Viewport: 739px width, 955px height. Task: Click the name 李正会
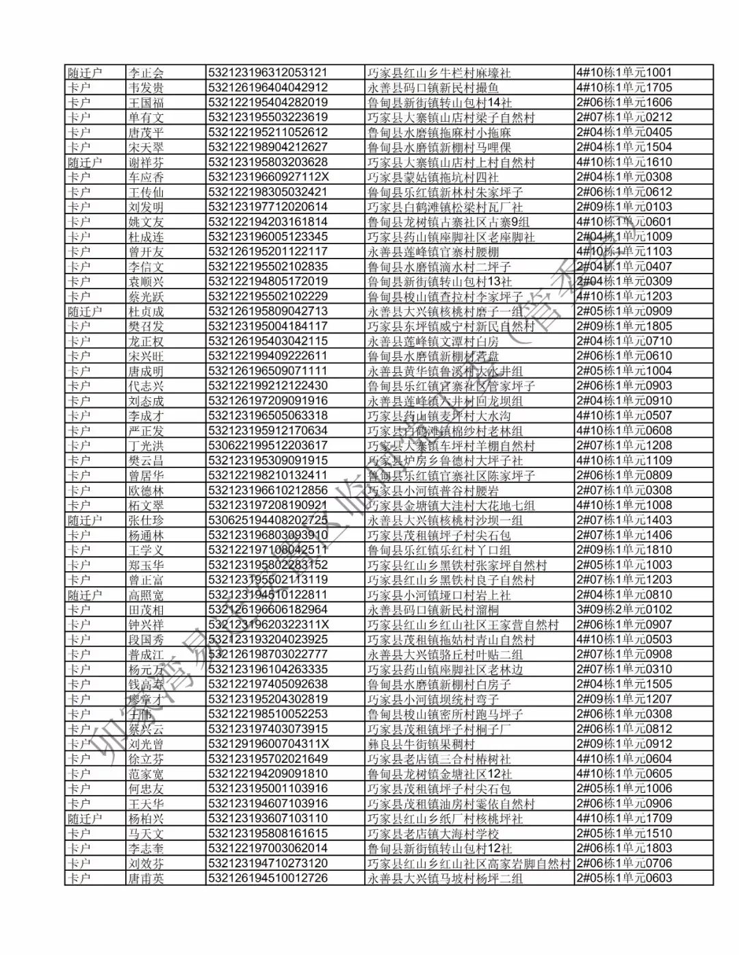pos(146,73)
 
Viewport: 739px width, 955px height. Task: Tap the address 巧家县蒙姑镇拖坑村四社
pos(433,177)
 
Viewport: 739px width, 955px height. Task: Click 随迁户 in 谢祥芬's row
pos(85,162)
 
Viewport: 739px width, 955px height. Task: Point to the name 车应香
pos(146,177)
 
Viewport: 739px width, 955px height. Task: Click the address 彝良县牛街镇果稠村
pos(421,744)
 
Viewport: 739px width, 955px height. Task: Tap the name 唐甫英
pos(146,878)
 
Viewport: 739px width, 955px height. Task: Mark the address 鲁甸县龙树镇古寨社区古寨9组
pos(448,222)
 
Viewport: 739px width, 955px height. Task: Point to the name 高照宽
pos(146,595)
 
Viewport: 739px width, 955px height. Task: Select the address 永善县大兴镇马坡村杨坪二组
pos(445,878)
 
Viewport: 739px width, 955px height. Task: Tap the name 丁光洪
pos(146,445)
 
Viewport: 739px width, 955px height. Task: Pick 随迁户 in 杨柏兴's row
pos(85,819)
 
